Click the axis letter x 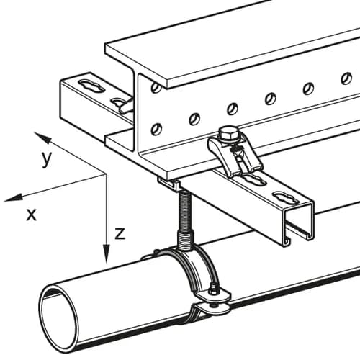pos(32,215)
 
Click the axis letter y pos(47,159)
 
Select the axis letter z pos(120,234)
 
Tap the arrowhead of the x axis pos(13,197)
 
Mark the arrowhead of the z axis pos(107,253)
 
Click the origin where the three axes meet pos(106,174)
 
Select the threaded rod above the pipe pos(184,210)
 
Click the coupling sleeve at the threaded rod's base pos(185,240)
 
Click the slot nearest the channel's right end pos(286,197)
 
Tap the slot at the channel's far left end pos(92,86)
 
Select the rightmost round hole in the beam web pos(346,78)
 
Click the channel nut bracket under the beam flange pos(168,184)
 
